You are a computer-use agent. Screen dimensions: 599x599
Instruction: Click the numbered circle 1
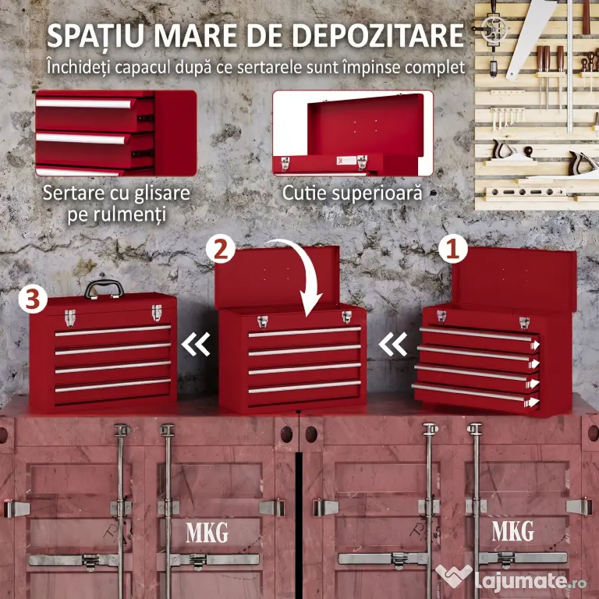click(453, 250)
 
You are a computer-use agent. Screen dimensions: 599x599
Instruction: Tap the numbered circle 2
click(221, 249)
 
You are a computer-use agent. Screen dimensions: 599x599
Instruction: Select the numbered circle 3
click(33, 299)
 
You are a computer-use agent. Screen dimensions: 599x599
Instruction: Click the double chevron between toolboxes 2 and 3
click(196, 344)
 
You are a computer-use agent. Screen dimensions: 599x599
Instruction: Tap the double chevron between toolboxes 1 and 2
click(393, 344)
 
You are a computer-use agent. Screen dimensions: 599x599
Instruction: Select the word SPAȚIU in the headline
click(95, 36)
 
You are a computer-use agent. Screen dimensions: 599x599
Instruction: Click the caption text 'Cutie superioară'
click(353, 193)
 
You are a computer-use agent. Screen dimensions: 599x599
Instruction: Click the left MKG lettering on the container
click(207, 532)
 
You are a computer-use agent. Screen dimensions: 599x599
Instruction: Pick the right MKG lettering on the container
click(512, 531)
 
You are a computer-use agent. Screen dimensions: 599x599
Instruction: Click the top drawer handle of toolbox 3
click(112, 331)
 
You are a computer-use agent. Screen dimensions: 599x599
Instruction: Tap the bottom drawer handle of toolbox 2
click(304, 387)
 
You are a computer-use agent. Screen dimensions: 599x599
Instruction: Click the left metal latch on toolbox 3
click(70, 318)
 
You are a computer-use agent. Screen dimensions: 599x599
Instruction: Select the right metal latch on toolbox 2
click(346, 317)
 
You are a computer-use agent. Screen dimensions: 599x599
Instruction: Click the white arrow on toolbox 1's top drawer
click(535, 346)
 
